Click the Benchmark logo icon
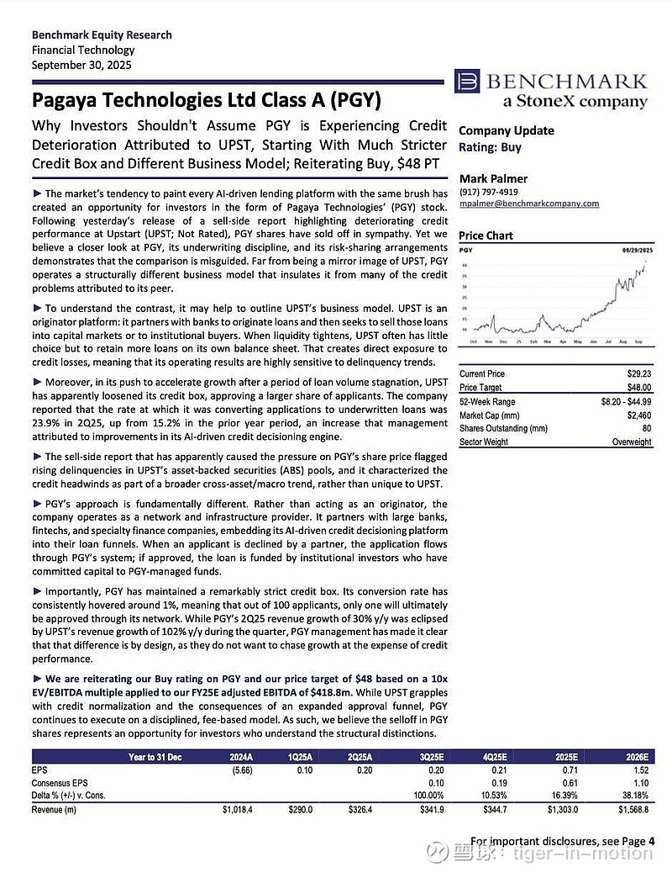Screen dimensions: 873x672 coord(467,82)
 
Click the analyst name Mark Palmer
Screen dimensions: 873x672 coord(492,178)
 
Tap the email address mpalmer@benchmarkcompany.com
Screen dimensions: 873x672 coord(528,204)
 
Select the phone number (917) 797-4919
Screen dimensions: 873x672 coord(488,191)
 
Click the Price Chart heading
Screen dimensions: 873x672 coord(486,235)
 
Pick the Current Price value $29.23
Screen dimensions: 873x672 coord(638,373)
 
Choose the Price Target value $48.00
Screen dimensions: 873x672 coord(638,388)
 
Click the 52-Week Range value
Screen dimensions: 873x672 coord(622,401)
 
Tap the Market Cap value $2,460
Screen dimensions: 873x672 coord(639,415)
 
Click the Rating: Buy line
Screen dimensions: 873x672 coord(490,147)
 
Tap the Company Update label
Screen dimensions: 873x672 coord(506,130)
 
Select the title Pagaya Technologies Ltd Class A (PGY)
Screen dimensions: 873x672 coord(206,101)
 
